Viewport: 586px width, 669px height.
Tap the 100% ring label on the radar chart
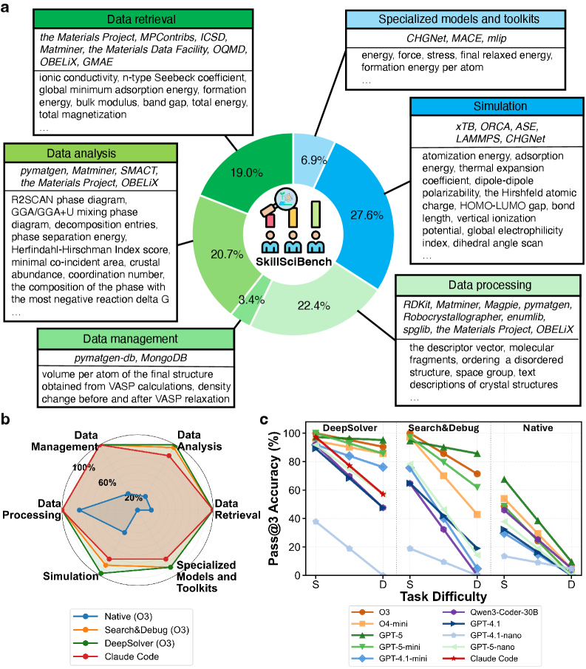84,468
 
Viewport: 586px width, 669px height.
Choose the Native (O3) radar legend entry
111,615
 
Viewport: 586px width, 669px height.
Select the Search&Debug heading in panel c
443,428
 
